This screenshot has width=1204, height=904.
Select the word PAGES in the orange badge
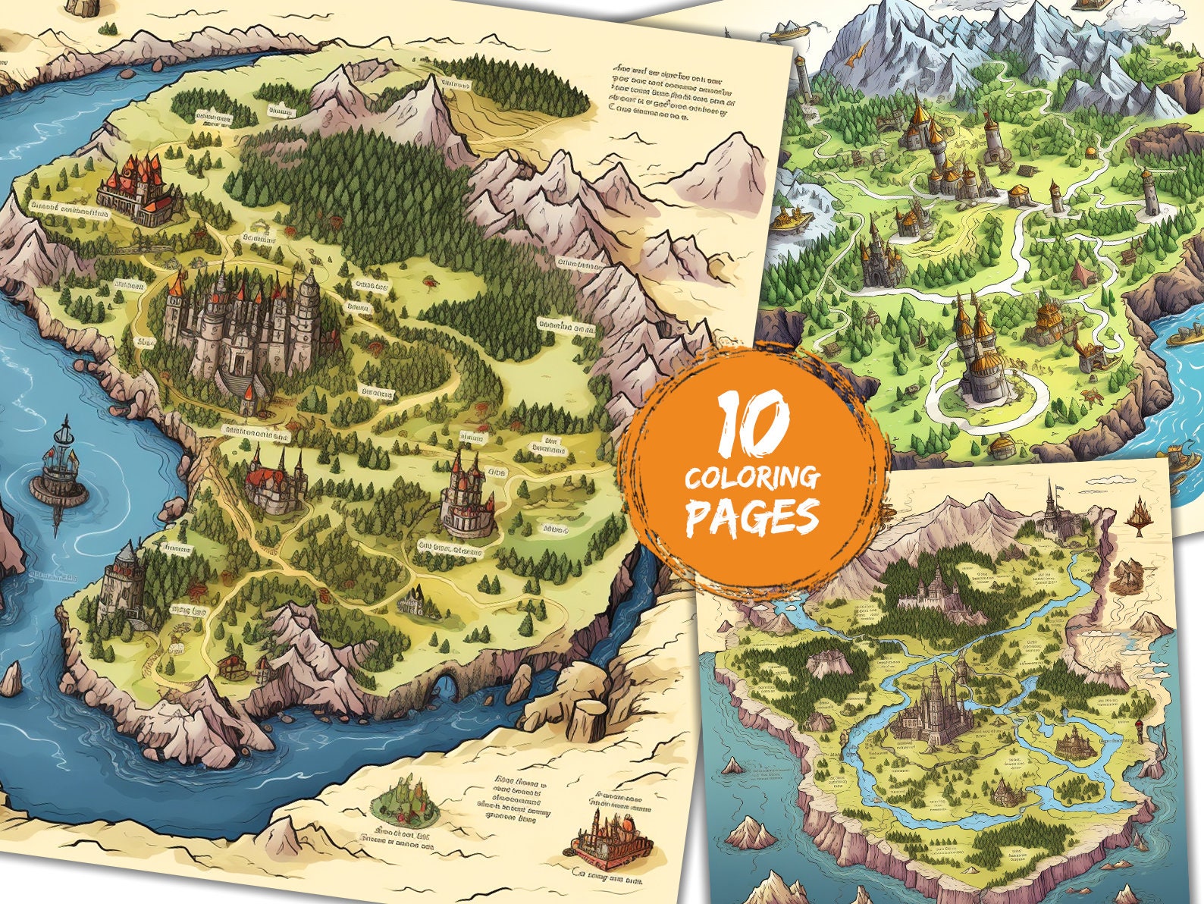click(752, 517)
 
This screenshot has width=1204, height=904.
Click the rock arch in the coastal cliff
click(449, 686)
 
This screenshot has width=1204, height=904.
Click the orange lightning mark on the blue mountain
click(857, 52)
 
